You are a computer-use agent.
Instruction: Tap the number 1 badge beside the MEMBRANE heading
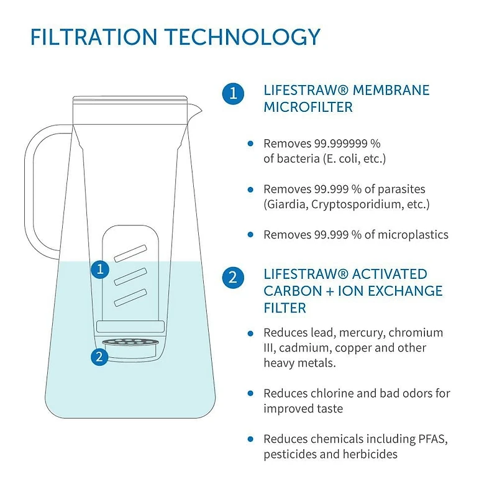pyautogui.click(x=232, y=94)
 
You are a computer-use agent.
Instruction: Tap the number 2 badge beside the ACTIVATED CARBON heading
pyautogui.click(x=232, y=277)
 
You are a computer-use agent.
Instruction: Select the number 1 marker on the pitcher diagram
pyautogui.click(x=99, y=269)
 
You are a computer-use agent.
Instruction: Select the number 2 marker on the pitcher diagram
pyautogui.click(x=99, y=357)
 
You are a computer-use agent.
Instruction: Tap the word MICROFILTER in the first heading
pyautogui.click(x=308, y=107)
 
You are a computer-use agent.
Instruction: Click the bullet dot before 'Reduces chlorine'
pyautogui.click(x=250, y=393)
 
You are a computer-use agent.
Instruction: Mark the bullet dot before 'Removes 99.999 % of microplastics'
pyautogui.click(x=250, y=235)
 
